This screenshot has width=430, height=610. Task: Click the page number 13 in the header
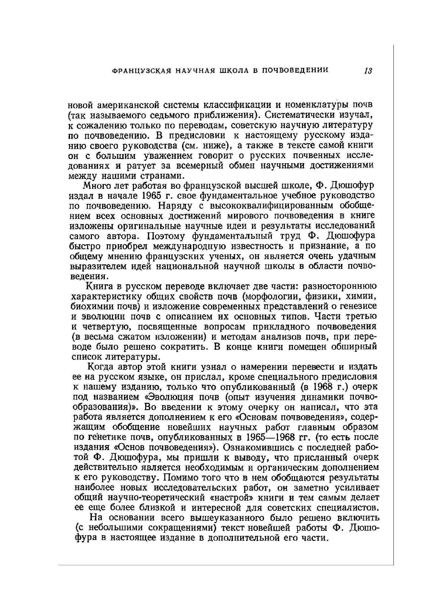tap(368, 71)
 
